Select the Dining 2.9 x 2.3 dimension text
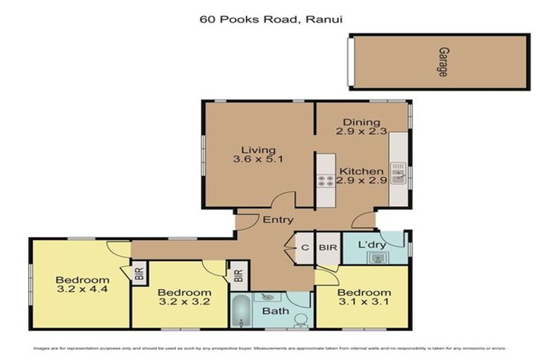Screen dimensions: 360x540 (361, 131)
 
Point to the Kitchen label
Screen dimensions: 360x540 (361, 171)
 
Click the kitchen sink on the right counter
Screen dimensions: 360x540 (398, 171)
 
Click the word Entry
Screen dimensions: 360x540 (278, 220)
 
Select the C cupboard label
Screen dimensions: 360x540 (305, 247)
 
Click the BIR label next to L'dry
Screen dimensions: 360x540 (327, 247)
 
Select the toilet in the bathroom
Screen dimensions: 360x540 (300, 320)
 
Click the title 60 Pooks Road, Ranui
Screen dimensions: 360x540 (270, 21)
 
